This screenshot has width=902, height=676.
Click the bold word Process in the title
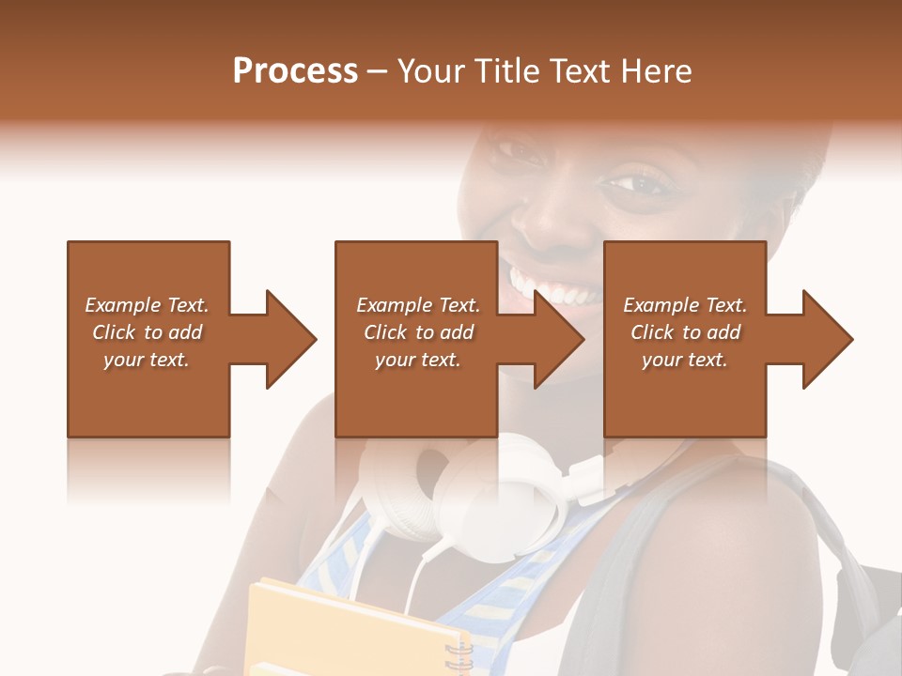click(x=295, y=71)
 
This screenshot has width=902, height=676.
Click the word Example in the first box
click(x=123, y=305)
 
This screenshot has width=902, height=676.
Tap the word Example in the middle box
click(x=395, y=305)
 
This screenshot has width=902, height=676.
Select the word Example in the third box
click(x=661, y=305)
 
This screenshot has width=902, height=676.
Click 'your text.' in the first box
click(x=147, y=360)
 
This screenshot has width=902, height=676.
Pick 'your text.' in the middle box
click(x=418, y=360)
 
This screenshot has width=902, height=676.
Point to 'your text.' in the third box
click(x=685, y=360)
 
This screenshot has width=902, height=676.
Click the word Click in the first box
click(x=114, y=332)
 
